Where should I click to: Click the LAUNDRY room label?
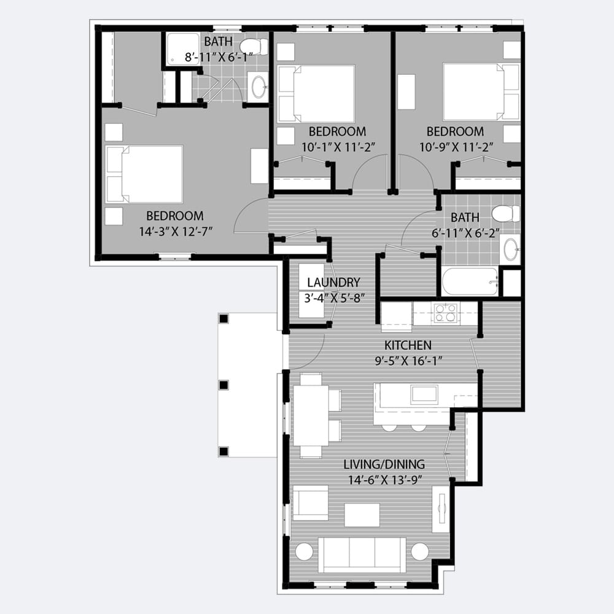(333, 282)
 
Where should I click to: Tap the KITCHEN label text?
(408, 345)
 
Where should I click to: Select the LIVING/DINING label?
(384, 464)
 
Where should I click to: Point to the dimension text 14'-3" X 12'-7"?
(176, 231)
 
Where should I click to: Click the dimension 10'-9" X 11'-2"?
(456, 147)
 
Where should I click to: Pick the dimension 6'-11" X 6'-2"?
(465, 233)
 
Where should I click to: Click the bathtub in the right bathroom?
(470, 281)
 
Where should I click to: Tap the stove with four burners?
(446, 313)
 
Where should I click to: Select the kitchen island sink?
(424, 395)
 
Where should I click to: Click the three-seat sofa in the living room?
(362, 555)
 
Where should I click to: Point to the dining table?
(311, 416)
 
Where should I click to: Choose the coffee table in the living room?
(362, 515)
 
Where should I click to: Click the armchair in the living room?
(310, 503)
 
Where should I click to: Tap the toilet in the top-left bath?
(254, 47)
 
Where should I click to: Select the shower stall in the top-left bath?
(183, 49)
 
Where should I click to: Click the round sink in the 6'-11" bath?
(510, 249)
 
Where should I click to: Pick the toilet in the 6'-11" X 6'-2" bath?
(505, 214)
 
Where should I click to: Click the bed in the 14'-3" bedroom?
(144, 174)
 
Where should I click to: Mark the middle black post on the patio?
(223, 386)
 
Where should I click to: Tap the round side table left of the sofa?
(304, 551)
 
